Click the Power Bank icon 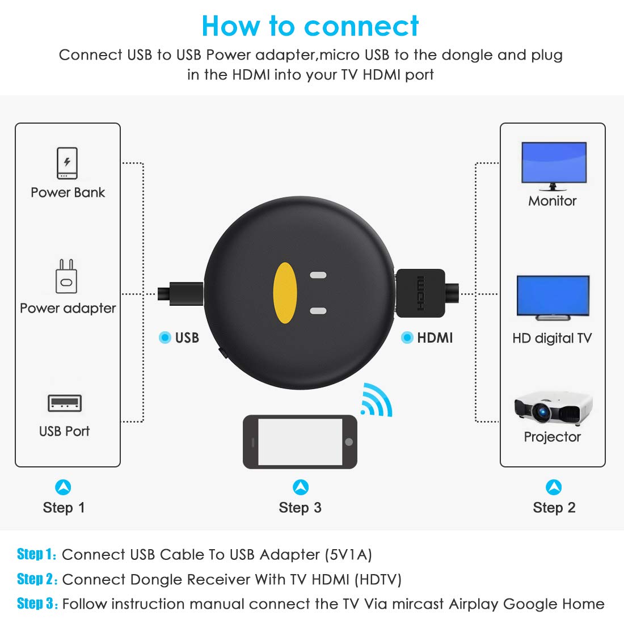pos(67,163)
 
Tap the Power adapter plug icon pos(66,276)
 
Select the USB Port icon pos(65,403)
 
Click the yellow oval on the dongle pos(285,293)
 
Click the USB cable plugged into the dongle pos(180,294)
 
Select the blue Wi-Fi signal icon pos(377,400)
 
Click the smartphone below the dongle pos(300,442)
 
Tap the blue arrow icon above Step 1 pos(63,487)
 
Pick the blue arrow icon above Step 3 pos(301,487)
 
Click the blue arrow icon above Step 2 pos(554,487)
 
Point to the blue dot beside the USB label pos(165,338)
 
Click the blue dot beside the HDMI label pos(407,338)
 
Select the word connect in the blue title pos(361,26)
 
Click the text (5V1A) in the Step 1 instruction pos(348,555)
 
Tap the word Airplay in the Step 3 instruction pos(474,605)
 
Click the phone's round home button pos(349,442)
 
